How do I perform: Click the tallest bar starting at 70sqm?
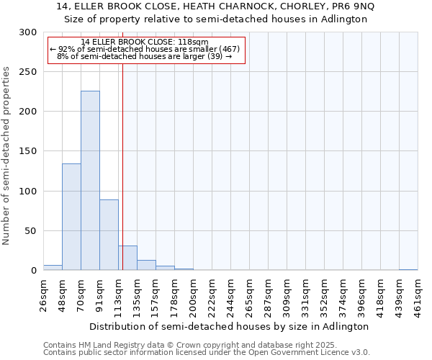coord(90,180)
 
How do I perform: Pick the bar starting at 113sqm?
coord(127,258)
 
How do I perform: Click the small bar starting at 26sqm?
coord(53,268)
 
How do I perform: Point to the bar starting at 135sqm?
coord(146,265)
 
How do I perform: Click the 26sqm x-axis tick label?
coord(44,293)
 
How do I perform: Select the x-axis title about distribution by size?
coord(230,326)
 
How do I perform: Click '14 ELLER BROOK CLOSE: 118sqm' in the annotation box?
coord(145,42)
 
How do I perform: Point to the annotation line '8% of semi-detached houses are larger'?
coord(144,56)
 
